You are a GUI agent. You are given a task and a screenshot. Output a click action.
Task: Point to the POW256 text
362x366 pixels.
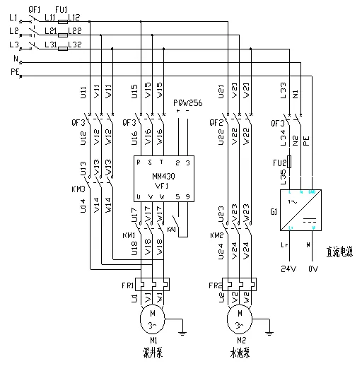tap(187, 102)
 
